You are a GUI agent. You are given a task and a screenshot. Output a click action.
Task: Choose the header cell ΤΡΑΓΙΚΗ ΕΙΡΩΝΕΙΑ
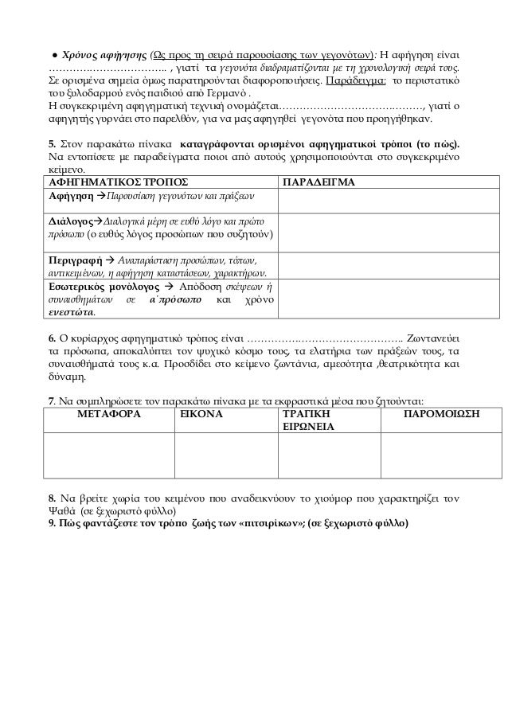click(306, 421)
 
